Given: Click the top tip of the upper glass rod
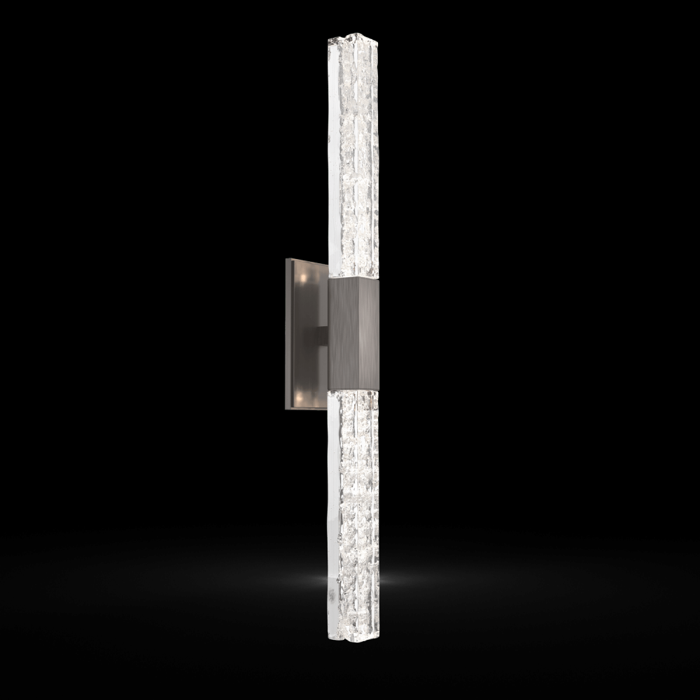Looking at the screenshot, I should click(x=352, y=35).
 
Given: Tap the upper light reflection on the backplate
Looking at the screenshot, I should click(x=302, y=278).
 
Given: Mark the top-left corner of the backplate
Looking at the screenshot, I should click(x=286, y=259).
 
